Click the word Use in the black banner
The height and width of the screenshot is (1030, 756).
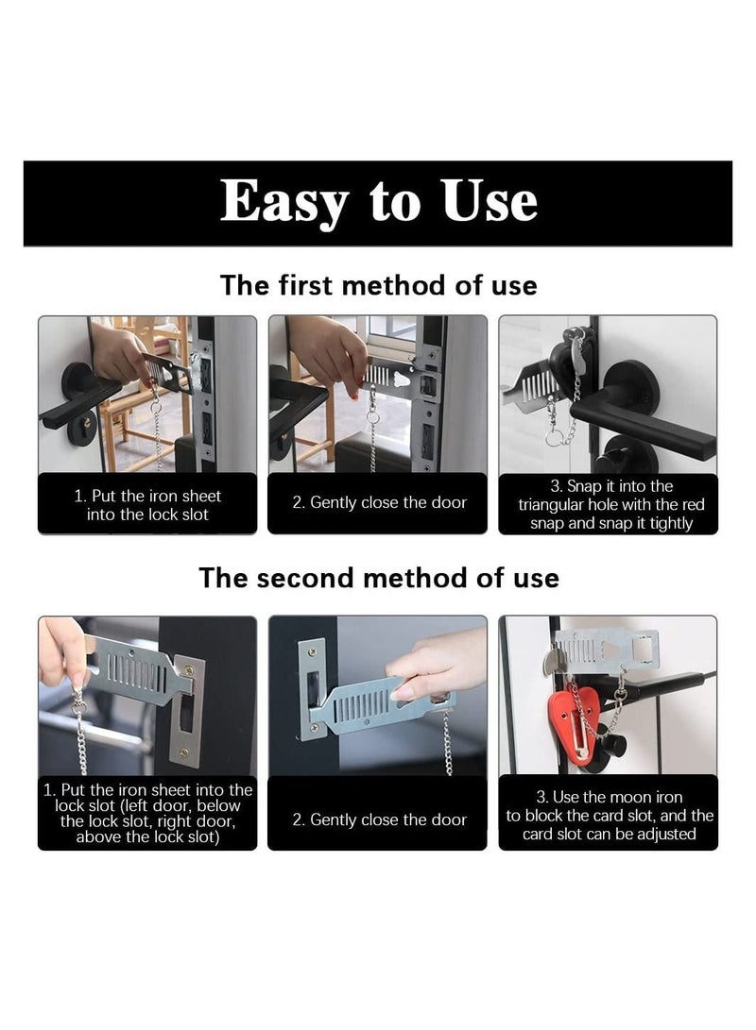pos(490,201)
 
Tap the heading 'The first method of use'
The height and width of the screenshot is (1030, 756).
pos(378,284)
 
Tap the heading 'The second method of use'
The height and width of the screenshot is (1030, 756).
pos(378,577)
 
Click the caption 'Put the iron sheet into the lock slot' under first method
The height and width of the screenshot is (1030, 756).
pos(147,505)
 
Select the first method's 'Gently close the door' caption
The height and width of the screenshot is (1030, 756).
pos(378,502)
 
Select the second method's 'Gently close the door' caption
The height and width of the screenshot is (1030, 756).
pos(378,819)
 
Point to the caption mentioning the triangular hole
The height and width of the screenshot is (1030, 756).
pos(609,505)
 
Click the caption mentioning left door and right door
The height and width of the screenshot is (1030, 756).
pos(147,813)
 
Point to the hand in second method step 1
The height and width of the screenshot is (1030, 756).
pos(60,650)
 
